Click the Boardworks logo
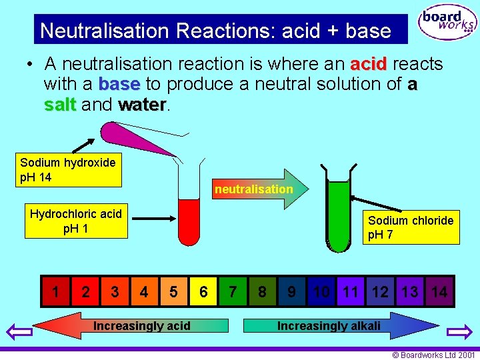(x=447, y=24)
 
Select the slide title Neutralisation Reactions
(x=215, y=31)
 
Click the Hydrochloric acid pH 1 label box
(x=75, y=221)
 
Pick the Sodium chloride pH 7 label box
(x=410, y=228)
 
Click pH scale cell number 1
(x=55, y=291)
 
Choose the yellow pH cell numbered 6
(x=203, y=291)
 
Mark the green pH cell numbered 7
(x=233, y=291)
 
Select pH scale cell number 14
(x=439, y=291)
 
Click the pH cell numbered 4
(x=144, y=291)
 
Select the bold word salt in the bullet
(x=60, y=105)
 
